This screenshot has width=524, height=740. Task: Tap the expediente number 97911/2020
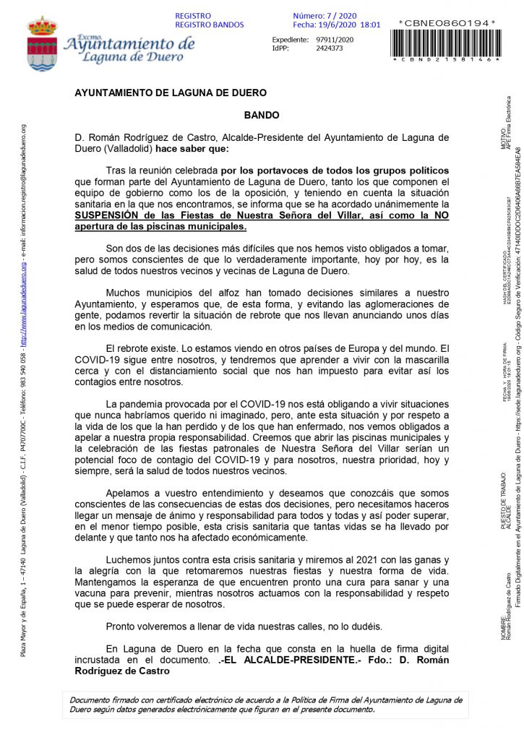pos(335,39)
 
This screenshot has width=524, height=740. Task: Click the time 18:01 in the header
pos(370,25)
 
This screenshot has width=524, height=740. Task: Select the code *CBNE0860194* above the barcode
pos(447,23)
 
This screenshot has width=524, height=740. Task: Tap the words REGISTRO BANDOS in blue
pos(210,25)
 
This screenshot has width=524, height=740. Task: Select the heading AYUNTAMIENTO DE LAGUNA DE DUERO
pos(171,92)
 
